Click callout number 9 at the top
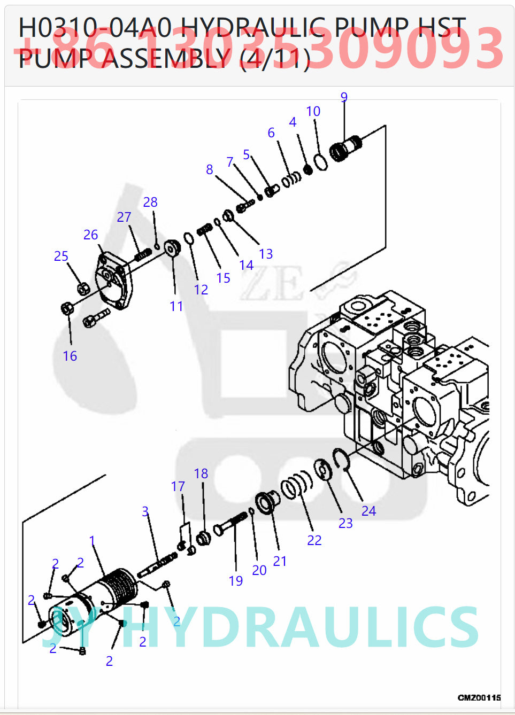click(344, 97)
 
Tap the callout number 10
click(313, 111)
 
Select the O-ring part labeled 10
click(320, 162)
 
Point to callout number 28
click(150, 202)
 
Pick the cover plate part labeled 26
click(112, 282)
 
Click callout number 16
click(70, 356)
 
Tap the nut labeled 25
click(83, 289)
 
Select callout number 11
click(176, 306)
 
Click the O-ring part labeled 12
click(188, 238)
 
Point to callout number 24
click(368, 511)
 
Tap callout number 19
click(236, 581)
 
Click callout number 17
click(178, 486)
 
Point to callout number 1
click(92, 540)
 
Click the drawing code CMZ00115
click(479, 697)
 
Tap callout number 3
click(145, 511)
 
